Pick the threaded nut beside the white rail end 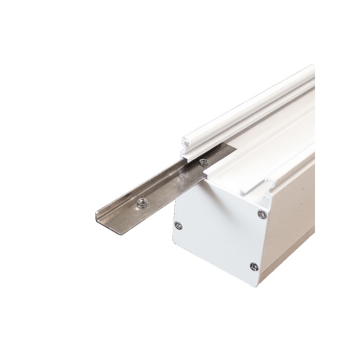[x=202, y=161]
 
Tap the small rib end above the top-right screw [x=269, y=182]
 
